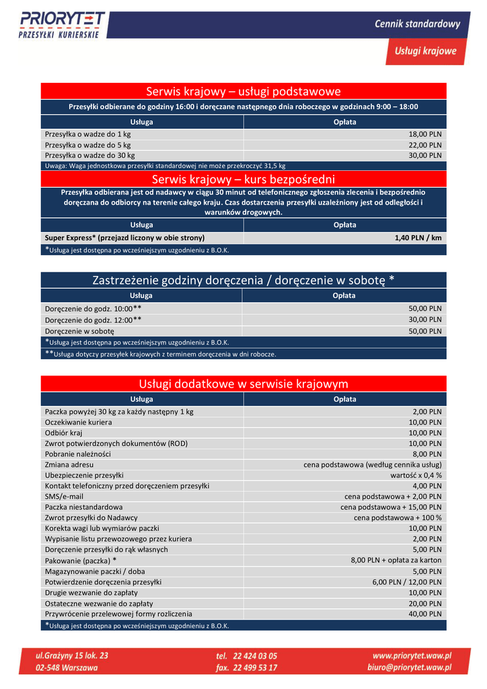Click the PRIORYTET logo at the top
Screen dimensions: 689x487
pos(62,25)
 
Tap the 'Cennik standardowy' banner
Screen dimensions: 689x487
pos(417,24)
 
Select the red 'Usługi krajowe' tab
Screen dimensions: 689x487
pos(425,51)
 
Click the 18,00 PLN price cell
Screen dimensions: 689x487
pos(425,134)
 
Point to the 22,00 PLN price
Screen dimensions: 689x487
pos(425,145)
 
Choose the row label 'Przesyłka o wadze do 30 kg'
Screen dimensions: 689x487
pos(90,155)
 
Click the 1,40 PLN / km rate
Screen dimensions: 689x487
pos(418,238)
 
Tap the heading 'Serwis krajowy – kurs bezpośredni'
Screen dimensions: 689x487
pos(243,179)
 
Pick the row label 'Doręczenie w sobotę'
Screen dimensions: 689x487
pos(79,331)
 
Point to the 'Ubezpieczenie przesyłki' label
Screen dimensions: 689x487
pos(84,475)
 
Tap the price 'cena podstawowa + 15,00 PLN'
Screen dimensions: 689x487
pos(391,507)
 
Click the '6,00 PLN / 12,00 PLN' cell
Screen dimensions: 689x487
pos(407,582)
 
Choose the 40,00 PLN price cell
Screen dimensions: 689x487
pos(425,614)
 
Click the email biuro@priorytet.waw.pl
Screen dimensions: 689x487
pos(412,667)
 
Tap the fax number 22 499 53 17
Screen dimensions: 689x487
pos(247,667)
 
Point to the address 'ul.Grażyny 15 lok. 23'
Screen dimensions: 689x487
pos(72,655)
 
